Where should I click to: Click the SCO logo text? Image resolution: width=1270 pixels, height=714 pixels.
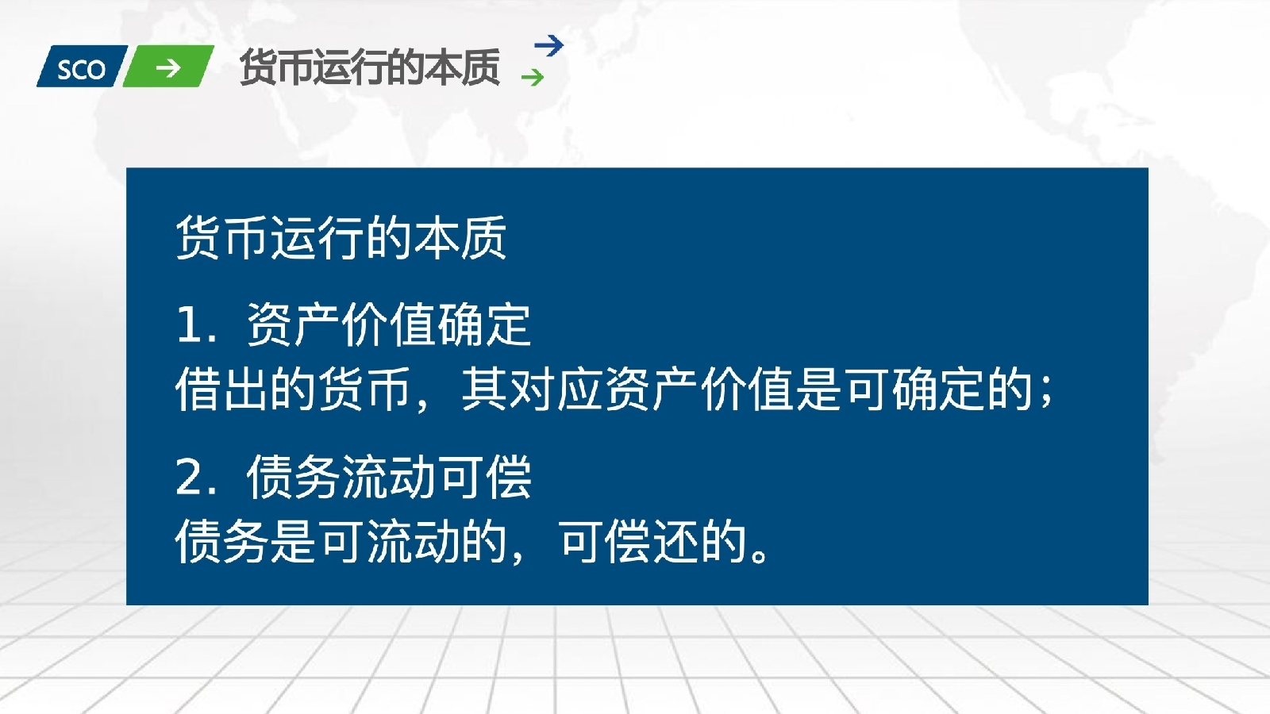(x=81, y=69)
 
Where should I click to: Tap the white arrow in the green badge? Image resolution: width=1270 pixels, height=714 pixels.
(x=168, y=68)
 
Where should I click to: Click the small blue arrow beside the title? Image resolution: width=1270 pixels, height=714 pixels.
(x=548, y=46)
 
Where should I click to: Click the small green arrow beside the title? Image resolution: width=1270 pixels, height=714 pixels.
(x=533, y=77)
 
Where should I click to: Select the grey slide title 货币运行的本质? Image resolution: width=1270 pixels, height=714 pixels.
(x=369, y=67)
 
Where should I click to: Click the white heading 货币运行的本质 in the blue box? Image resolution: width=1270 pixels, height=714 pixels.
(x=341, y=237)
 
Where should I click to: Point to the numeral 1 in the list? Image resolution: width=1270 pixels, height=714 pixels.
(x=190, y=325)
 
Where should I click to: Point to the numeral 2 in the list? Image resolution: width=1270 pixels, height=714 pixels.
(x=190, y=478)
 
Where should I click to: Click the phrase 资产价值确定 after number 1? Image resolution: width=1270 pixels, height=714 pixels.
(x=389, y=325)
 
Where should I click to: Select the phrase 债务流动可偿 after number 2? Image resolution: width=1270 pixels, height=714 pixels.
(x=389, y=478)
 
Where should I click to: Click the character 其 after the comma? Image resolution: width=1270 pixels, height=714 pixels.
(x=484, y=390)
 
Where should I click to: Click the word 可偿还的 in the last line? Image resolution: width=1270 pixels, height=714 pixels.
(x=653, y=542)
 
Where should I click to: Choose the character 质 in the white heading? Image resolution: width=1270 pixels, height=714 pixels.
(x=484, y=237)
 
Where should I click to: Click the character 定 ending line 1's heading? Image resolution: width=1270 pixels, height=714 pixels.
(x=508, y=325)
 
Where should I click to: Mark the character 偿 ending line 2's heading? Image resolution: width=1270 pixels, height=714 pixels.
(x=508, y=478)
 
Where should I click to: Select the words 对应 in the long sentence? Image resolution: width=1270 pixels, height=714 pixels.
(x=555, y=390)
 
